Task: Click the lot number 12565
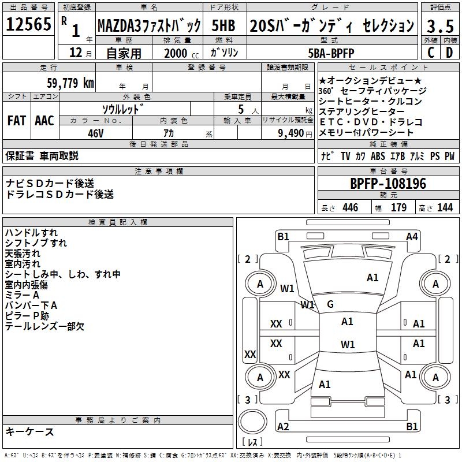point(28,25)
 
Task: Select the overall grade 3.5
point(439,26)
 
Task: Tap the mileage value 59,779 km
point(64,83)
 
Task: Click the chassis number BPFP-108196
point(388,184)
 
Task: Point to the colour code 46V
point(95,133)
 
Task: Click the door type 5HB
point(223,25)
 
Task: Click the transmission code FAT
point(16,121)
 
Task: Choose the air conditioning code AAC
point(44,121)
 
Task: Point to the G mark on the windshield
point(330,304)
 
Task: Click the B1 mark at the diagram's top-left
point(283,236)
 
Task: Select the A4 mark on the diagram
point(412,236)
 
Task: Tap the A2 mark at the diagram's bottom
point(283,427)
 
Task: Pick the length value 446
point(350,208)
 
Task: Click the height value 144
point(445,208)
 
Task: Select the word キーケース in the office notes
point(29,431)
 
